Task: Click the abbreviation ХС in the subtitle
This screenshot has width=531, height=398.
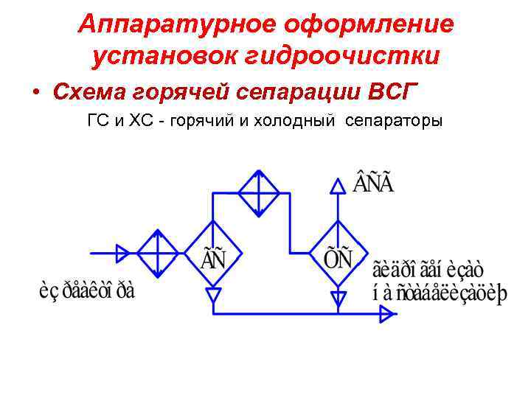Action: click(141, 121)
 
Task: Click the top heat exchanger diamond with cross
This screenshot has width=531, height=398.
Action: click(258, 193)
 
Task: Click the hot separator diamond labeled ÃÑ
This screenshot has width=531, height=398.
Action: click(213, 254)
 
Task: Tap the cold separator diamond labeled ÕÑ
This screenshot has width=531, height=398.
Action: click(339, 254)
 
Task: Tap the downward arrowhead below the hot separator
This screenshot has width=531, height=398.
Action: click(213, 296)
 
